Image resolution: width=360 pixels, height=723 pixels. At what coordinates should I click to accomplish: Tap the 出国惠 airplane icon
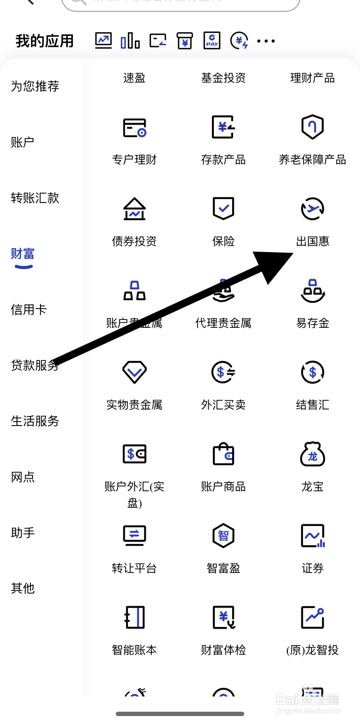[x=312, y=209]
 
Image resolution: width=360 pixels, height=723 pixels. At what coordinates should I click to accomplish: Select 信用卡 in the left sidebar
[x=29, y=310]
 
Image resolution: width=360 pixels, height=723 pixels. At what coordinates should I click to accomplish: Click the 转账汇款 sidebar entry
[x=35, y=198]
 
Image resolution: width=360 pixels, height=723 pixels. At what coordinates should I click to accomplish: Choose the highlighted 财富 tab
[x=23, y=254]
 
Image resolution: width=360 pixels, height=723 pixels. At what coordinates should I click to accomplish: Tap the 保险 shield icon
[x=223, y=209]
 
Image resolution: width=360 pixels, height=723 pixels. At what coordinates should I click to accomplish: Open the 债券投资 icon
[x=134, y=209]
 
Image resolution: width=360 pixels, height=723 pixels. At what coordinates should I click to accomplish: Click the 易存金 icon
[x=312, y=291]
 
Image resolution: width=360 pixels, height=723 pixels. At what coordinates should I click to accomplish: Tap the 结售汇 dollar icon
[x=312, y=372]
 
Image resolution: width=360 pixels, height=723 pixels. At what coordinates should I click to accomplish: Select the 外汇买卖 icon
[x=223, y=372]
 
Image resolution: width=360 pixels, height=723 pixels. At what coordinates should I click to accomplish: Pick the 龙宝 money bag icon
[x=312, y=454]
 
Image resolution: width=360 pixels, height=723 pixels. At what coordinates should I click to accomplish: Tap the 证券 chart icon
[x=313, y=536]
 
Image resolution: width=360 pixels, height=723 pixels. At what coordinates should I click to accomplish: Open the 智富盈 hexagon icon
[x=223, y=536]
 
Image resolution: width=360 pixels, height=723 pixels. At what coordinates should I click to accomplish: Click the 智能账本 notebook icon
[x=134, y=617]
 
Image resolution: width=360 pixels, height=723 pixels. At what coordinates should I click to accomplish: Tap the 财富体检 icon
[x=223, y=617]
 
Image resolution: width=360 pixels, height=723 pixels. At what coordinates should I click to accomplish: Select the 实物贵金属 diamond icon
[x=134, y=372]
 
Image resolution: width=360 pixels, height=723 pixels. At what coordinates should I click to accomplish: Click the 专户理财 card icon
[x=134, y=127]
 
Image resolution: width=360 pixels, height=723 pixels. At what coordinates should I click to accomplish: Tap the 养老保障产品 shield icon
[x=312, y=127]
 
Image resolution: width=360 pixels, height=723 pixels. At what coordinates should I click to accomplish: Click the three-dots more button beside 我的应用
[x=266, y=41]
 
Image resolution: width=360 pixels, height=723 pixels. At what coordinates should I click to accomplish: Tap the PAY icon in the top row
[x=212, y=41]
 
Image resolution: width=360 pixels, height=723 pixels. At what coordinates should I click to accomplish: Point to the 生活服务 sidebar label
[x=35, y=421]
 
